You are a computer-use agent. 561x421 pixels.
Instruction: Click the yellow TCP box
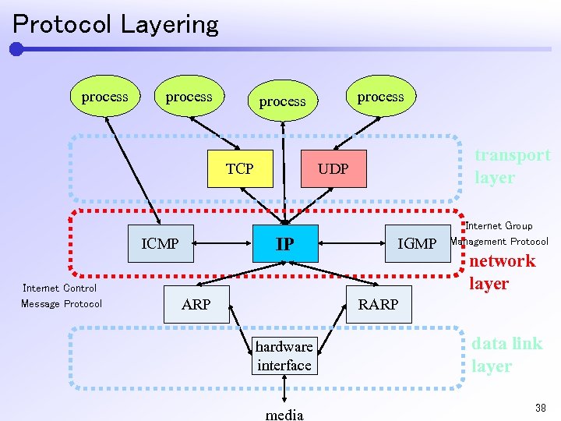(x=240, y=169)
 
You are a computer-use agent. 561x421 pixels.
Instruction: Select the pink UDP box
(x=333, y=169)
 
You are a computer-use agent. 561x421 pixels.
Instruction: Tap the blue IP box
(x=285, y=244)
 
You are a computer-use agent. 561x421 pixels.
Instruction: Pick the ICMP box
(x=160, y=244)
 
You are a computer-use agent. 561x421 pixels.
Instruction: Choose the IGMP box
(x=417, y=244)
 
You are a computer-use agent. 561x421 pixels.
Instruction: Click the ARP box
(x=196, y=304)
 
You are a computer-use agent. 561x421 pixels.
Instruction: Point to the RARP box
(x=378, y=304)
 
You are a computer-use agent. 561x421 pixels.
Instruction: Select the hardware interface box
(x=284, y=356)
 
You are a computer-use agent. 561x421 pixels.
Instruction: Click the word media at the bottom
(x=284, y=414)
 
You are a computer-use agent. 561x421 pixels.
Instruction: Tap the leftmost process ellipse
(x=104, y=97)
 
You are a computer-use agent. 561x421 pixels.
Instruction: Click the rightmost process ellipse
(x=380, y=97)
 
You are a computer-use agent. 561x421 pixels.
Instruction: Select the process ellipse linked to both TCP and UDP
(x=282, y=101)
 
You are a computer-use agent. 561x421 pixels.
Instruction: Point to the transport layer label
(x=512, y=166)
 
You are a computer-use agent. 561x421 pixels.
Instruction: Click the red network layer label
(x=502, y=272)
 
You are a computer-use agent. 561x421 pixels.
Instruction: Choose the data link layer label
(x=506, y=355)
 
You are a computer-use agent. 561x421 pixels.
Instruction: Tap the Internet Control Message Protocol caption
(x=61, y=295)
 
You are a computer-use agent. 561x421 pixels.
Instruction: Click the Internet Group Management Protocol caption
(x=499, y=234)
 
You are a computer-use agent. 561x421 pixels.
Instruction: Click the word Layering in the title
(x=169, y=24)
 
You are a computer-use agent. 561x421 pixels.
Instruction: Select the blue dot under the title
(x=16, y=49)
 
